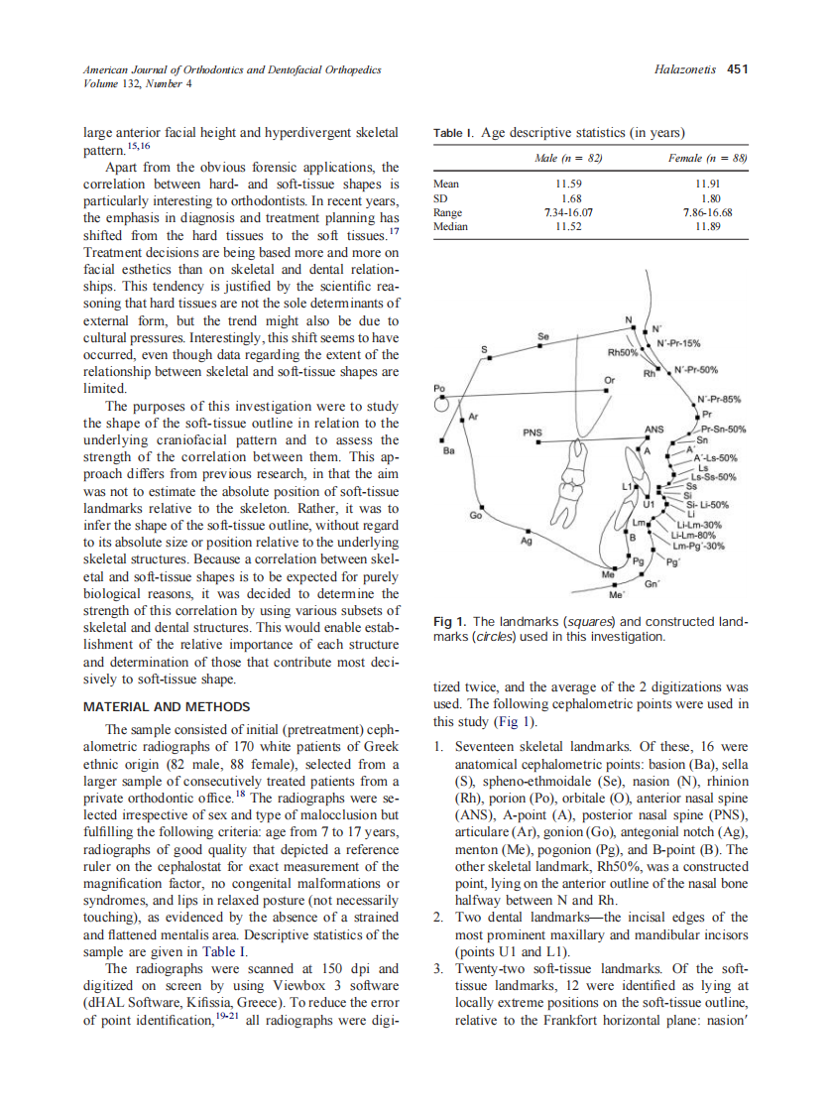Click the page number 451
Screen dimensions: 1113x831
click(x=737, y=69)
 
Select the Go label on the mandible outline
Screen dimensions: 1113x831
click(x=475, y=515)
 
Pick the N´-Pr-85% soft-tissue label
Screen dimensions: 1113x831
click(x=721, y=399)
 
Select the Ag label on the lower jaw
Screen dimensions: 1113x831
click(x=527, y=542)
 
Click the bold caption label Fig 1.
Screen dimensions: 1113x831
click(x=451, y=622)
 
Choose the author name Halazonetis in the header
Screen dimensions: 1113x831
click(x=686, y=69)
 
